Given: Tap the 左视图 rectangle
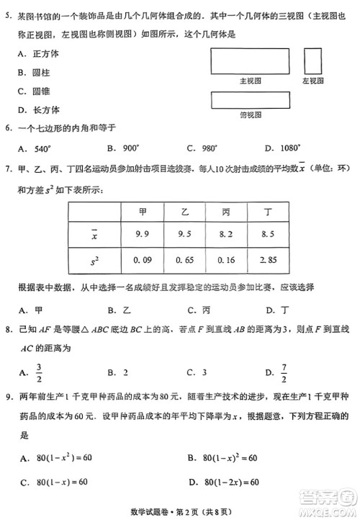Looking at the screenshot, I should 312,60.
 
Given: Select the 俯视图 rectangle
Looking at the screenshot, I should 249,100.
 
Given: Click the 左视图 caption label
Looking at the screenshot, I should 312,80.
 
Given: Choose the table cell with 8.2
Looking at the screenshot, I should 225,234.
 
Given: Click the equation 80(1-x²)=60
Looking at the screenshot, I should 60,458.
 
